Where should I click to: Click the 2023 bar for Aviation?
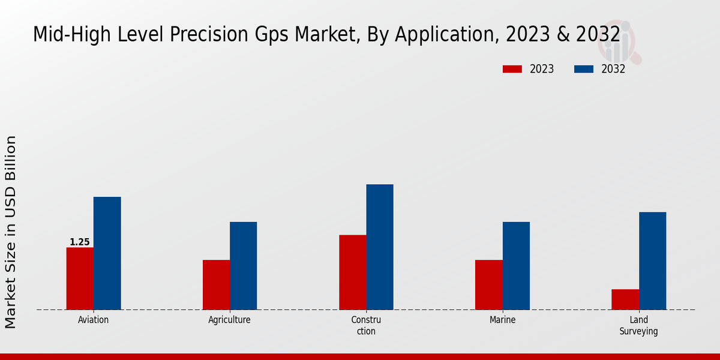tap(80, 278)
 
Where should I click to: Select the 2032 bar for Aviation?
tap(107, 253)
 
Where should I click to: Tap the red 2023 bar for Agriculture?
tap(216, 284)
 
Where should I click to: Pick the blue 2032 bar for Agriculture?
tap(243, 266)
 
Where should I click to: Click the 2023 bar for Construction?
tap(352, 272)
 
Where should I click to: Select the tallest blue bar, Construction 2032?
tap(380, 247)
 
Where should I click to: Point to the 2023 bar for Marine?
tap(488, 284)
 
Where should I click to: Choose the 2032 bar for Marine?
tap(516, 266)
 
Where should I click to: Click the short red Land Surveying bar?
tap(625, 299)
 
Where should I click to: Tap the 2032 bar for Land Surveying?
tap(652, 260)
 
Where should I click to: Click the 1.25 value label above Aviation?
tap(80, 242)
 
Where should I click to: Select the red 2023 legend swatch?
tap(512, 69)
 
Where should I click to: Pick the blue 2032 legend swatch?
tap(583, 69)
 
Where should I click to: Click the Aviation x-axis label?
tap(94, 320)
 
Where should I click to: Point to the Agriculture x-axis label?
tap(229, 320)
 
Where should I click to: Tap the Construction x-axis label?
tap(366, 325)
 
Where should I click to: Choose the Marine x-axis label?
tap(502, 320)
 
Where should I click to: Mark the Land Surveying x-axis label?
tap(638, 325)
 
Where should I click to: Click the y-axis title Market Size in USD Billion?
tap(11, 232)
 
